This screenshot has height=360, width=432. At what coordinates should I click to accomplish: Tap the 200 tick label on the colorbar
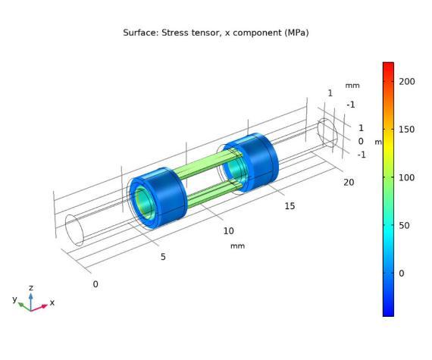click(407, 82)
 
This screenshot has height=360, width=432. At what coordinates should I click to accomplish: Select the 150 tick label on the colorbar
click(407, 130)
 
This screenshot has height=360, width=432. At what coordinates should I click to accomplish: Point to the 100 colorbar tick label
click(407, 177)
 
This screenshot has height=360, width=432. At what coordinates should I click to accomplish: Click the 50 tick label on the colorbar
click(404, 226)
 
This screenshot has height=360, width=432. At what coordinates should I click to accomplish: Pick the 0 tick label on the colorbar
click(402, 274)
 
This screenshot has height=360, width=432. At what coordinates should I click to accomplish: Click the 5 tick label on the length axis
click(163, 257)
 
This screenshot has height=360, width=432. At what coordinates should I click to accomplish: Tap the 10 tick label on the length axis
click(229, 231)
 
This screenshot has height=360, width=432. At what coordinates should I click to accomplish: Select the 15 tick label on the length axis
click(290, 206)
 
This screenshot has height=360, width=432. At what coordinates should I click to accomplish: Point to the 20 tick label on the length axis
click(349, 183)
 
